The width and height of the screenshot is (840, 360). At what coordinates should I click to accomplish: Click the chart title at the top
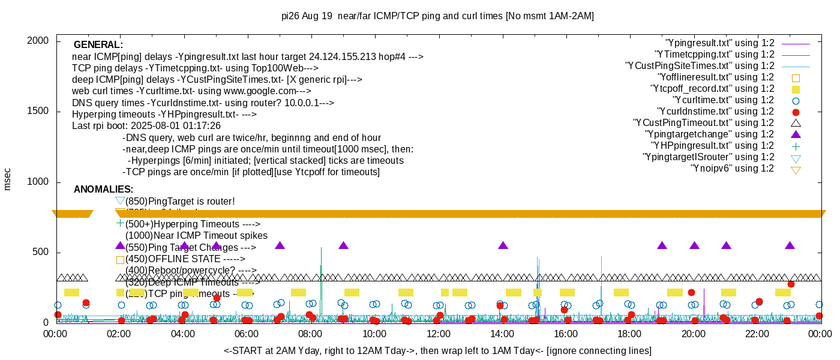437,16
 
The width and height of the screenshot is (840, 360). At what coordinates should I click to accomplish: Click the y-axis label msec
8,179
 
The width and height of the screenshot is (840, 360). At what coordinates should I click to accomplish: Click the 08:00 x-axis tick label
310,334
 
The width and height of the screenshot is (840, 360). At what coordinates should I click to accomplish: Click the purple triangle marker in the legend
796,134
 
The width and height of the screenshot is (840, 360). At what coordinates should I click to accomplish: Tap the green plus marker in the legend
796,146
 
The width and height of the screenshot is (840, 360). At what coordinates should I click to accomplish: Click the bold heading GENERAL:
98,45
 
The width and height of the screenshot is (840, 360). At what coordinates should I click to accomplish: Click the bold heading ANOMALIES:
103,190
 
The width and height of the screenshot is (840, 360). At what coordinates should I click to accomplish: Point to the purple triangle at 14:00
503,245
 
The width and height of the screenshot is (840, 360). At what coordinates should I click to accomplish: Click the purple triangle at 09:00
343,245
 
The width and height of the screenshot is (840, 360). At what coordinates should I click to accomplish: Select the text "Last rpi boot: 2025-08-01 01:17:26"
146,126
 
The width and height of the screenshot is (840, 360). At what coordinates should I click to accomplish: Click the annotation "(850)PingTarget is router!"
180,202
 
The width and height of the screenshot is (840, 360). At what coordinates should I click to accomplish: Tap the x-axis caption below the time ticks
437,350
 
